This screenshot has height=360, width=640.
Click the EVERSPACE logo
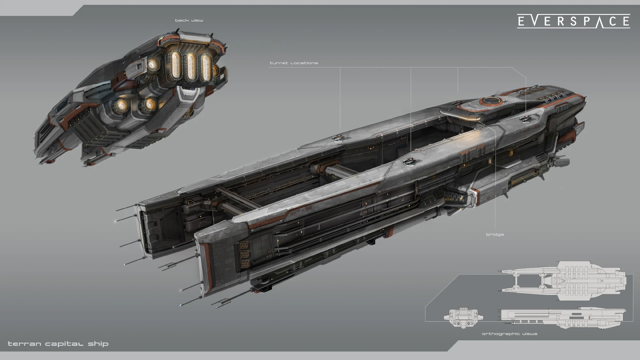(x=573, y=21)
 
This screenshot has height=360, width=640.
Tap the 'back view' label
(x=189, y=20)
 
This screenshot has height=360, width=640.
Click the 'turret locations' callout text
(x=294, y=63)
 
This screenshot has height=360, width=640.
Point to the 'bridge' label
(x=495, y=235)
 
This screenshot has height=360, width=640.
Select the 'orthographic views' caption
(x=510, y=334)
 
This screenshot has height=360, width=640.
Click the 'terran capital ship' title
(x=58, y=344)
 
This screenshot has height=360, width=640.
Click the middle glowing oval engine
(x=190, y=67)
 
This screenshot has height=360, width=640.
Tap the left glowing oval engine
(x=174, y=65)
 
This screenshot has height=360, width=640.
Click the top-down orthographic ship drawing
(x=563, y=281)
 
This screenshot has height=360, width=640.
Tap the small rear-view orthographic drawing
(x=463, y=317)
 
